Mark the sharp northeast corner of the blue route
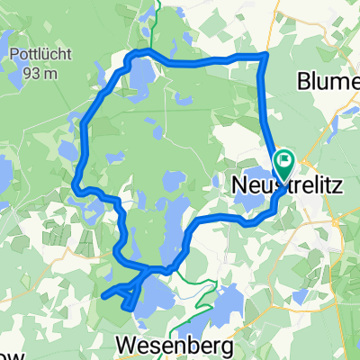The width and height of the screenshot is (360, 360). tap(265, 55)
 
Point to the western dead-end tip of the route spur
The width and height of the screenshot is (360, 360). tap(104, 294)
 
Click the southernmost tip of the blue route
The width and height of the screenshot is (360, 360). tap(134, 308)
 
